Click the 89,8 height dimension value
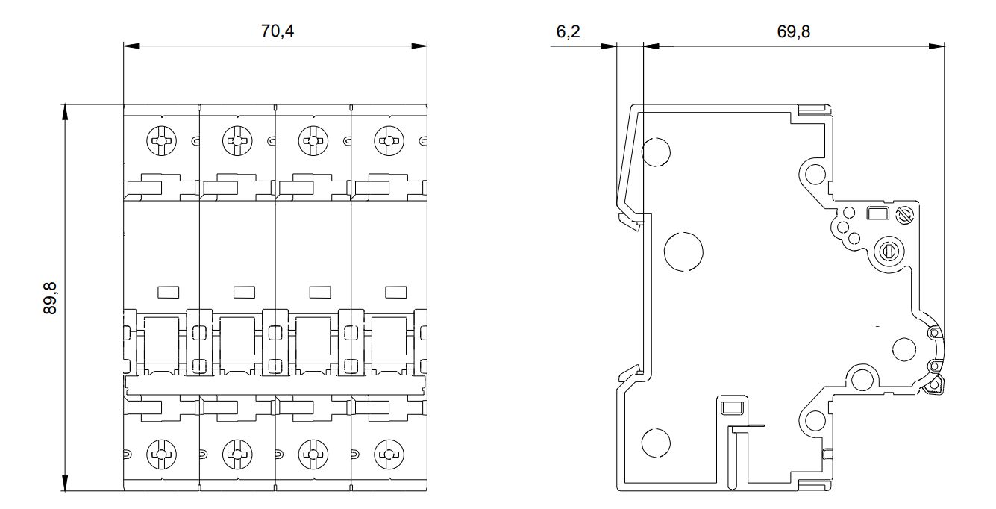[x=50, y=298]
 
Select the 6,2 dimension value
[x=569, y=32]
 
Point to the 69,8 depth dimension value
[x=793, y=32]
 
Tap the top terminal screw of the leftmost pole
[x=161, y=139]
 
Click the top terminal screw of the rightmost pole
[x=388, y=139]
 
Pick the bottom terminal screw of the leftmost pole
[x=161, y=452]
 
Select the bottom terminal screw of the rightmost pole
[x=388, y=452]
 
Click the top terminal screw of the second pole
[x=237, y=139]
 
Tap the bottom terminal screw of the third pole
[x=313, y=452]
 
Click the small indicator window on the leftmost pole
[x=169, y=291]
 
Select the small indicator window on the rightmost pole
[x=395, y=291]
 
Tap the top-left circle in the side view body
[x=657, y=152]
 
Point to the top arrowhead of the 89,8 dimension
[x=66, y=111]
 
